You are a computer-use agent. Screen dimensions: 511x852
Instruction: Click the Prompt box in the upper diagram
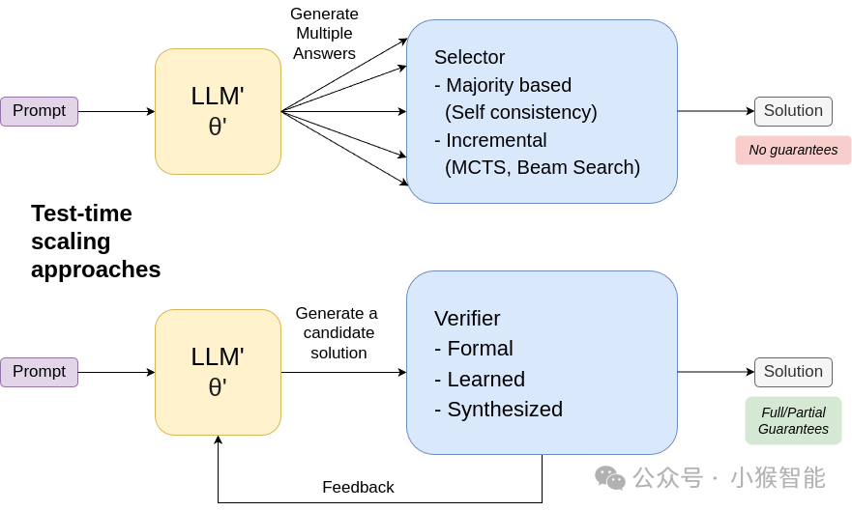point(39,111)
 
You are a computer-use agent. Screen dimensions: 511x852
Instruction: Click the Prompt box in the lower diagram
point(39,372)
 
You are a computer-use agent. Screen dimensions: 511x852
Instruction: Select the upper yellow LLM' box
point(218,111)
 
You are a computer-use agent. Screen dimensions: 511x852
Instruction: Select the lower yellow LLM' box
point(218,372)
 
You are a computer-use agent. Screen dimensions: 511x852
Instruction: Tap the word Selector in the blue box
point(470,57)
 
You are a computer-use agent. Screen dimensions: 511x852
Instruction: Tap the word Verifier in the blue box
point(467,319)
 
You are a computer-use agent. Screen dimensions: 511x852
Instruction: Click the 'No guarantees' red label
point(793,150)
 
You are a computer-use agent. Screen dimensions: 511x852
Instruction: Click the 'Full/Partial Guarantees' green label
point(793,420)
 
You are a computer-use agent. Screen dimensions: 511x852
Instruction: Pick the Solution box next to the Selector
point(793,111)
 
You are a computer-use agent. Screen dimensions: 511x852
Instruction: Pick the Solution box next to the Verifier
point(793,372)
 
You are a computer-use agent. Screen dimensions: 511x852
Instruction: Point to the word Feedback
point(358,488)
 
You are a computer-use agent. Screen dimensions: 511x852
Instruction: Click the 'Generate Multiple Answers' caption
point(324,34)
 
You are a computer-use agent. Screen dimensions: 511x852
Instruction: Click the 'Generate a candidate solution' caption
point(337,333)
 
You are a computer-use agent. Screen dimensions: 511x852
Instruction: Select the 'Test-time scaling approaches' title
point(95,241)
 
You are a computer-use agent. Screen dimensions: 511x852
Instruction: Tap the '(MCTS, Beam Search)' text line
point(543,167)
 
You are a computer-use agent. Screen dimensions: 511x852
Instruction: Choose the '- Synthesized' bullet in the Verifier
point(498,410)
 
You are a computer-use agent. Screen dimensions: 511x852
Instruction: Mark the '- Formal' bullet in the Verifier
point(474,349)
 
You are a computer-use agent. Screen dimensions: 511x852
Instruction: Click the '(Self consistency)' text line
point(521,112)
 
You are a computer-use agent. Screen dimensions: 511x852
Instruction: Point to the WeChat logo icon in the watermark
point(610,478)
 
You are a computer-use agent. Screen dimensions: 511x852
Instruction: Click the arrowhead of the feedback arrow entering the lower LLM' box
point(218,440)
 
